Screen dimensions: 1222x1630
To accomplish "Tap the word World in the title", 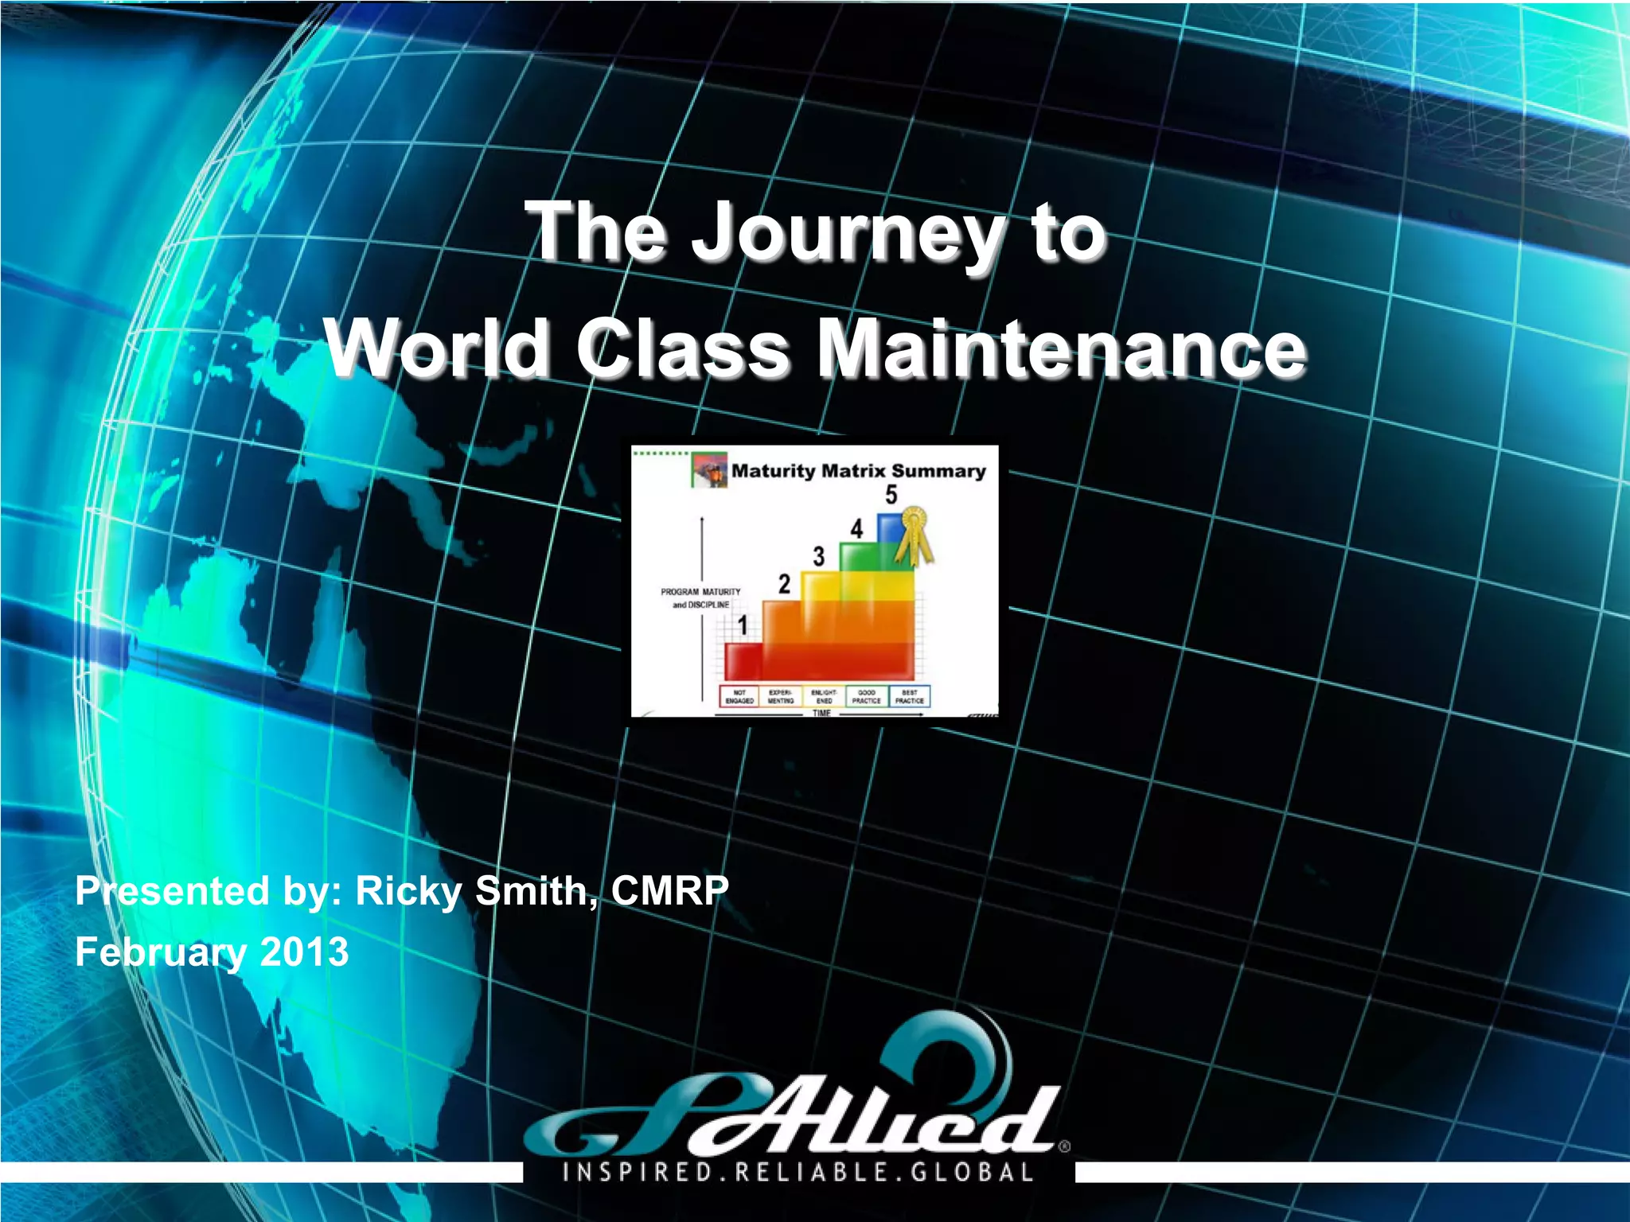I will (437, 349).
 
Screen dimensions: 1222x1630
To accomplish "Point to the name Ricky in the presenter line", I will (407, 891).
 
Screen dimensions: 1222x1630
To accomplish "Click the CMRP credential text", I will (669, 891).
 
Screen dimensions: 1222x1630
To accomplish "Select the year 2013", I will (305, 952).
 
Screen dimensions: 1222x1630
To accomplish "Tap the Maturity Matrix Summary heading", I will (858, 471).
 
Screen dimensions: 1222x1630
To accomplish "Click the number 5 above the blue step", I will (891, 496).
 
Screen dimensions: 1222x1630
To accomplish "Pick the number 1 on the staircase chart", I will (743, 625).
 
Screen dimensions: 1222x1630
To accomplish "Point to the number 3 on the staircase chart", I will (818, 556).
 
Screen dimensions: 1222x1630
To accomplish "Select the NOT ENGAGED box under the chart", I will (739, 697).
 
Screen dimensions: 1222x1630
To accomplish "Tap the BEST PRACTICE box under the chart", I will (909, 697).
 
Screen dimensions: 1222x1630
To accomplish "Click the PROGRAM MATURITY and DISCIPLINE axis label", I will (700, 598).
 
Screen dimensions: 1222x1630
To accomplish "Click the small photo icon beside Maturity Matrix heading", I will (709, 470).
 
